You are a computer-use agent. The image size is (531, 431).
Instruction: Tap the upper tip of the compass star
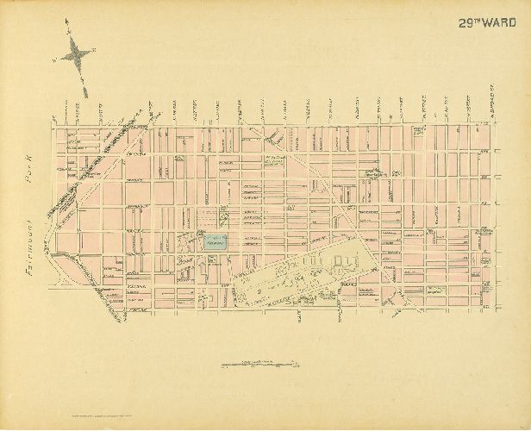[x=67, y=32]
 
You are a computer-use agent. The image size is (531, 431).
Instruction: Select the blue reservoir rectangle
[x=215, y=242]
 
